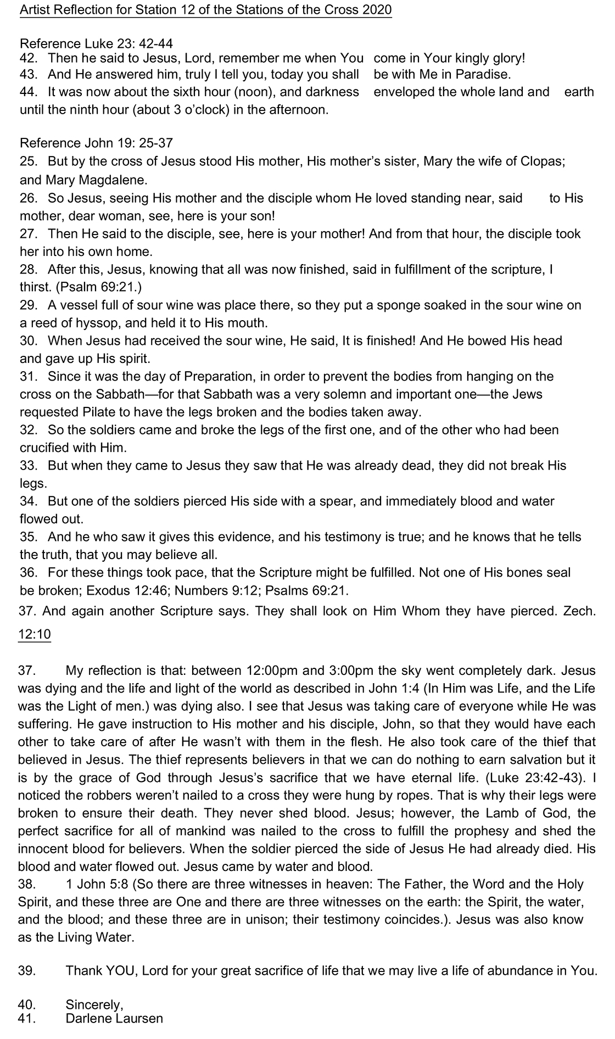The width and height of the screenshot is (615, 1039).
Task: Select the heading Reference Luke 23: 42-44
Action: (97, 44)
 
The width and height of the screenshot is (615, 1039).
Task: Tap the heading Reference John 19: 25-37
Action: (97, 143)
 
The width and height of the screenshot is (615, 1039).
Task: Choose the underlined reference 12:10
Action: (34, 634)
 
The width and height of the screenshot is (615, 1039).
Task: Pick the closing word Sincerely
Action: (94, 1004)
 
